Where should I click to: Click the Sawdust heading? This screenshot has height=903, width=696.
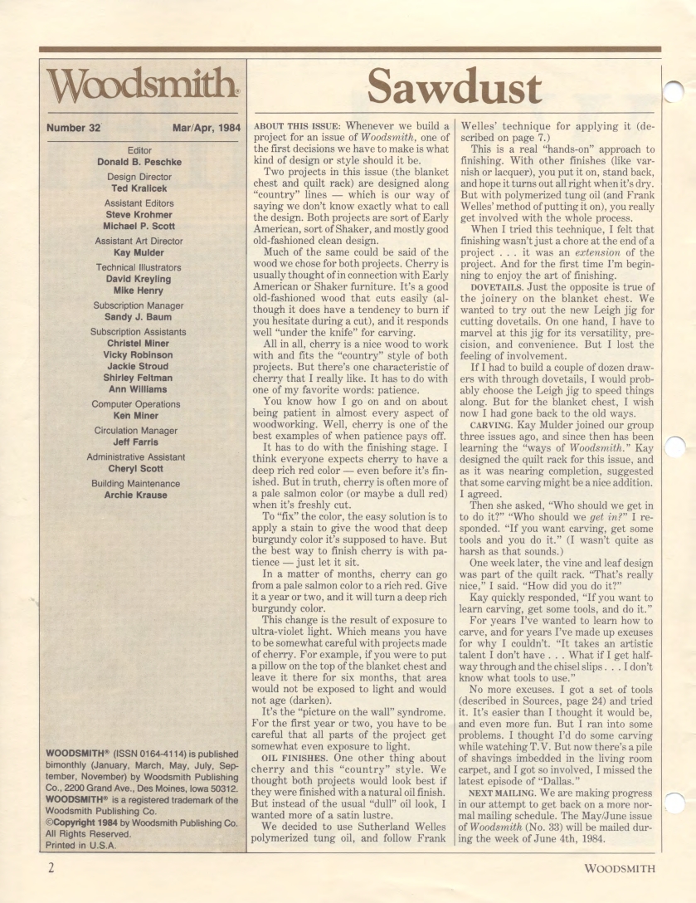[x=454, y=85]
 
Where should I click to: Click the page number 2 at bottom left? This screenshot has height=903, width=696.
[x=51, y=869]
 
